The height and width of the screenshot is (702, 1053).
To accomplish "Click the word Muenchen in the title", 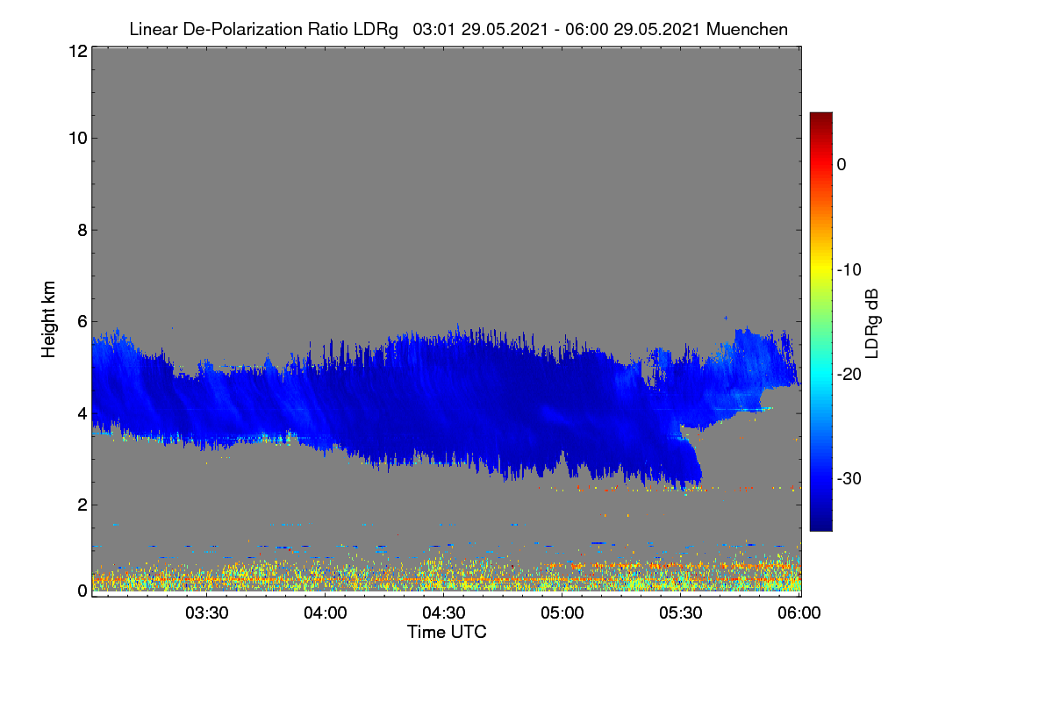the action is [747, 30].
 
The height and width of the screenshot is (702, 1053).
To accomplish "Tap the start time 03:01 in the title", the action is [433, 30].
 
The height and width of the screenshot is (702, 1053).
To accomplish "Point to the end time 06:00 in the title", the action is [586, 30].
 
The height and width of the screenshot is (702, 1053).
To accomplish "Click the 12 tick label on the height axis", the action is [78, 51].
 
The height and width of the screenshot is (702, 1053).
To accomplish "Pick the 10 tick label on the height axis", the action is [78, 139].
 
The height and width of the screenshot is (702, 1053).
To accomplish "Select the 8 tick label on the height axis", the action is [82, 231].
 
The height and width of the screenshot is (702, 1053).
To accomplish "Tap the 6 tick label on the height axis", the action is [82, 322].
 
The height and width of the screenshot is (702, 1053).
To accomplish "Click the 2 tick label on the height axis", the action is [82, 505].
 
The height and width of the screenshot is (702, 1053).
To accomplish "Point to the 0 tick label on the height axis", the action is [82, 591].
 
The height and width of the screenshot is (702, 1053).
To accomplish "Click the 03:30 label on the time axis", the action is [207, 613].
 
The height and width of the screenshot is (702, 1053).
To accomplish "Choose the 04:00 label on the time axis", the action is [326, 613].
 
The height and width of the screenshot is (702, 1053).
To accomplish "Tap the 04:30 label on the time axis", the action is [444, 613].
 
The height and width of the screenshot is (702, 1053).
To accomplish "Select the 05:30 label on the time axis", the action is [681, 613].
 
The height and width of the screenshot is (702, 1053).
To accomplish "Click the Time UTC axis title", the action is [447, 632].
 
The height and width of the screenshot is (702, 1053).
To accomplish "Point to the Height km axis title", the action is [48, 319].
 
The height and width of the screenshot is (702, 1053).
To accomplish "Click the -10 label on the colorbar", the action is [849, 270].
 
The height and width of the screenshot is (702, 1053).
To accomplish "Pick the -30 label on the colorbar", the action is [849, 478].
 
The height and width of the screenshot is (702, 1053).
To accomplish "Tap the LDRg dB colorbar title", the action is [871, 324].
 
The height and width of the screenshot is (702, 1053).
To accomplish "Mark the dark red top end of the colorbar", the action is [820, 114].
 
